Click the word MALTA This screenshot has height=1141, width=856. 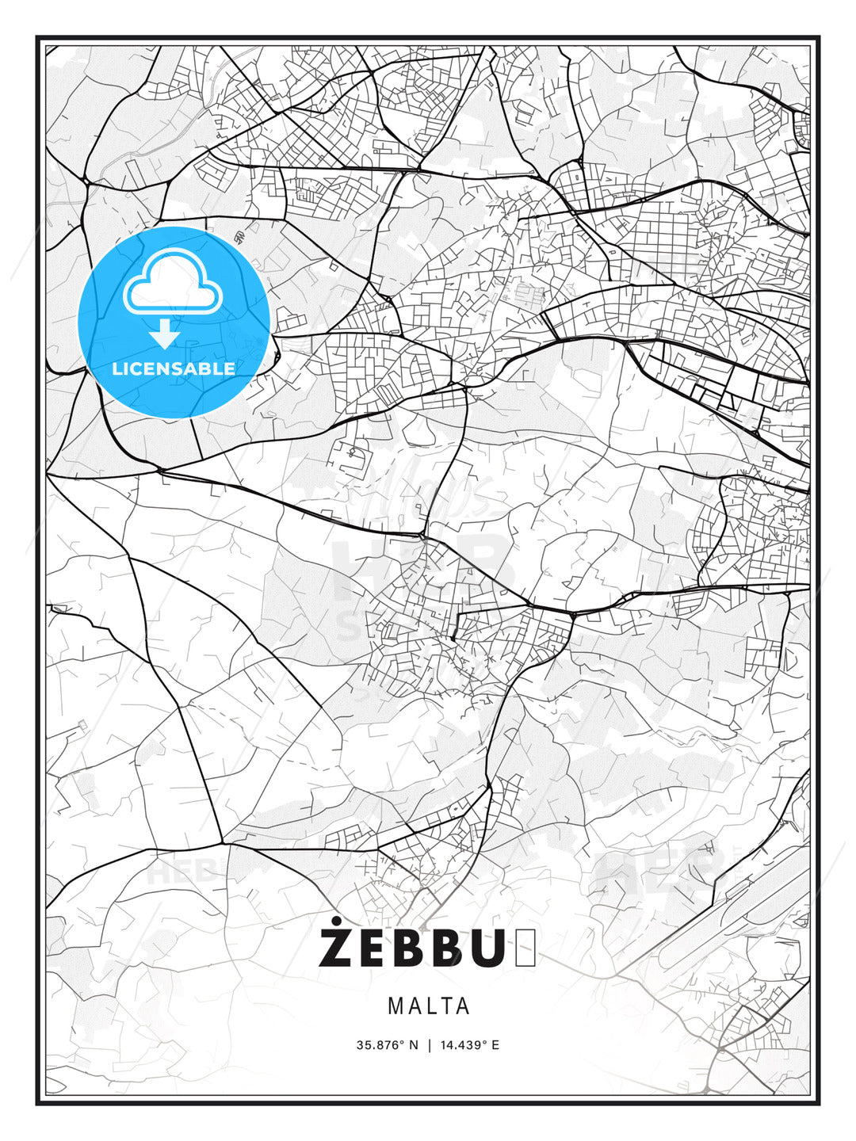point(429,1006)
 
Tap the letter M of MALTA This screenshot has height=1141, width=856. point(395,1006)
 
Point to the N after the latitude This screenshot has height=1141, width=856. point(413,1045)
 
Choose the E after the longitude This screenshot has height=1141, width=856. point(495,1045)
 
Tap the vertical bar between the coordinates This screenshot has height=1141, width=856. point(429,1045)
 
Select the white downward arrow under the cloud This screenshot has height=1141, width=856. point(166,334)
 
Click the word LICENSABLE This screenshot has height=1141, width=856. point(174,368)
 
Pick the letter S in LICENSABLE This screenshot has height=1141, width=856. point(188,368)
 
